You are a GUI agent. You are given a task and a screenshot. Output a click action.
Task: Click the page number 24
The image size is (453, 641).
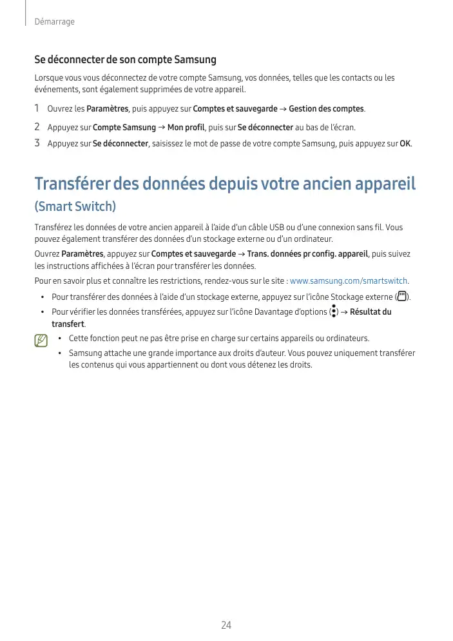(x=226, y=625)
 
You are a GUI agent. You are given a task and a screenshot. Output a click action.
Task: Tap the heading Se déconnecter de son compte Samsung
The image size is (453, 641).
(x=125, y=60)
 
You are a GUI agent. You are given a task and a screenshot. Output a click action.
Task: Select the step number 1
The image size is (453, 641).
(x=37, y=108)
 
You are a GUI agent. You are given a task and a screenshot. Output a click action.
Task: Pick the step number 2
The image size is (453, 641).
(x=37, y=126)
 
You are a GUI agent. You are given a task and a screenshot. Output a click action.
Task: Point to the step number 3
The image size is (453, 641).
(x=37, y=143)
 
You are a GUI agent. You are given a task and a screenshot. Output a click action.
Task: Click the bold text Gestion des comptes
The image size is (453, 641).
(x=326, y=108)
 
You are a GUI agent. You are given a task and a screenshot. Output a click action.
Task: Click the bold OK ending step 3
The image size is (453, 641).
(x=405, y=143)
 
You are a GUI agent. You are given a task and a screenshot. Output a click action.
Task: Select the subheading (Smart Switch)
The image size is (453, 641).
(x=75, y=207)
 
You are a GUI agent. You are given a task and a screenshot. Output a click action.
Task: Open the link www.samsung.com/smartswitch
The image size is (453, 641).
(x=349, y=281)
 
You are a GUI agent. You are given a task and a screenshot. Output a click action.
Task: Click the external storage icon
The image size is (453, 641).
(x=403, y=297)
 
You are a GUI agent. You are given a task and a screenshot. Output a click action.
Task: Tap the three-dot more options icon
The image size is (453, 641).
(x=333, y=312)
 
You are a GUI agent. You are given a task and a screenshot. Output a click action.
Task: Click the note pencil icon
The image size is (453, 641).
(x=42, y=339)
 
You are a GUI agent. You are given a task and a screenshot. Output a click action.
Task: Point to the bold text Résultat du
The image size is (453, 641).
(x=371, y=312)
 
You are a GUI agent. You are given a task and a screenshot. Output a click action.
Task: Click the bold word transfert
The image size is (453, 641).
(x=68, y=324)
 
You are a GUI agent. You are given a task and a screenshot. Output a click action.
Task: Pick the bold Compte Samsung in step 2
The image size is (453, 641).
(x=124, y=127)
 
